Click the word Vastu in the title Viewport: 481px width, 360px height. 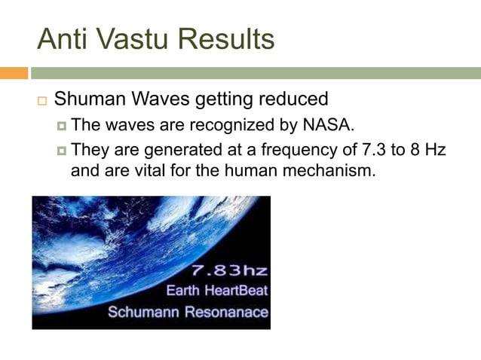point(136,38)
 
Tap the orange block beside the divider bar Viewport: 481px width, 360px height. point(14,73)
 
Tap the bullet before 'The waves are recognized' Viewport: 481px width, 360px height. point(62,124)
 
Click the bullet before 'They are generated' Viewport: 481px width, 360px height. point(62,150)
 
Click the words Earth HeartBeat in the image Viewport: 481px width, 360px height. point(218,291)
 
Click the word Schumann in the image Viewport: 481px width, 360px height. point(145,311)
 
